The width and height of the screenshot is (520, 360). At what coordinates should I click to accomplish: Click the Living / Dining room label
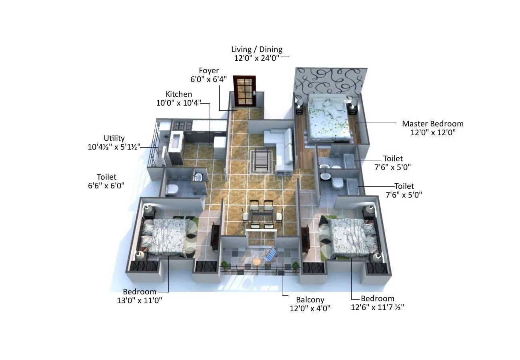coord(257,49)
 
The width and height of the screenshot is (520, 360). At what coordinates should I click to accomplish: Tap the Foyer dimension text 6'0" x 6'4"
coord(209,79)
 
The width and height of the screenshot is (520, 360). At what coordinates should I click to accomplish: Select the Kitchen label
coord(179,94)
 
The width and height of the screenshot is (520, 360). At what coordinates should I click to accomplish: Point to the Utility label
coord(114,138)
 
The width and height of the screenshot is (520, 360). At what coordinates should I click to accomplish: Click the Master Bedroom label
coord(432,124)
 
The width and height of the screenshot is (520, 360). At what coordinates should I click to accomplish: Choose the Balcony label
coord(310,300)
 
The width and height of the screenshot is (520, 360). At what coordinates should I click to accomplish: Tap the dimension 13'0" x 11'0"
coord(140,300)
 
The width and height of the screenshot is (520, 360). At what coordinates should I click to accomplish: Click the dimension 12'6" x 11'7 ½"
coord(377,307)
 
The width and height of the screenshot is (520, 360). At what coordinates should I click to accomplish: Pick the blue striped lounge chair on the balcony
coord(271,254)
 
